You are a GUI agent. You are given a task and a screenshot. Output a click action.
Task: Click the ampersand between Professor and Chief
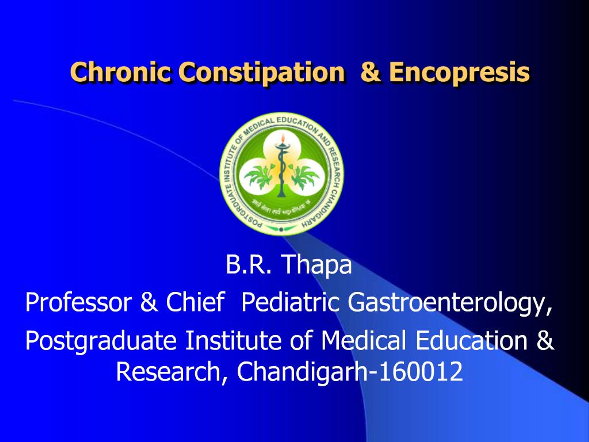point(149,303)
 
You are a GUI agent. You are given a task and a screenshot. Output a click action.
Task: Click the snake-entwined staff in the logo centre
point(281,171)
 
